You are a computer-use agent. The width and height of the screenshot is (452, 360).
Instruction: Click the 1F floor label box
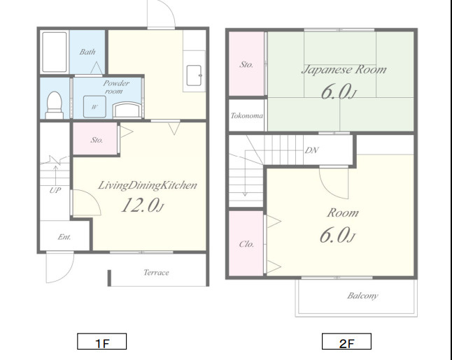click(x=101, y=342)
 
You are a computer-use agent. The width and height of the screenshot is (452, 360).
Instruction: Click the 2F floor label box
click(x=346, y=342)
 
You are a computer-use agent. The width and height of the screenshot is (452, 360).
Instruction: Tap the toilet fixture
click(x=54, y=105)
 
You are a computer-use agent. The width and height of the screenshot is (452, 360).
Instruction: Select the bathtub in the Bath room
click(x=55, y=52)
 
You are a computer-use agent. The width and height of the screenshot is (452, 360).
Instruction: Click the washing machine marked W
click(x=94, y=107)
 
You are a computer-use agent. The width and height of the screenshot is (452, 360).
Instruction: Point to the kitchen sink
click(x=194, y=75)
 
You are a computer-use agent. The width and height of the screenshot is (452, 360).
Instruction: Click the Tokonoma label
click(x=247, y=116)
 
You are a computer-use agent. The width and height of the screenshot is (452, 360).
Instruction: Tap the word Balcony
click(x=362, y=296)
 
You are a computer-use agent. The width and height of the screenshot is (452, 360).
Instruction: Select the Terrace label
click(x=156, y=273)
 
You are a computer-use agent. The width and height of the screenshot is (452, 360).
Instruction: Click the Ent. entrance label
click(x=64, y=237)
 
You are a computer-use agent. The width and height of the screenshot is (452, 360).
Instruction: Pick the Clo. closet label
click(x=247, y=244)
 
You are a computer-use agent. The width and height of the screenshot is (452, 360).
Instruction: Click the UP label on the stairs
click(x=55, y=190)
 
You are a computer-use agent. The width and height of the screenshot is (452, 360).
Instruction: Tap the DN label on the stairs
click(x=311, y=150)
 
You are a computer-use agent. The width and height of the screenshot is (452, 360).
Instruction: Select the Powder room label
click(x=116, y=87)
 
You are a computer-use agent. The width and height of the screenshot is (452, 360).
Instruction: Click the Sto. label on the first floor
click(x=97, y=140)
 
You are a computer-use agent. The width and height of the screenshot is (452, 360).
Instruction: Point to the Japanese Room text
click(x=344, y=70)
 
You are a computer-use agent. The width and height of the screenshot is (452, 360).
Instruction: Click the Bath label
click(x=87, y=52)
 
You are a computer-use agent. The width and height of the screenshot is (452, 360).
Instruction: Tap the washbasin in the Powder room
click(x=127, y=110)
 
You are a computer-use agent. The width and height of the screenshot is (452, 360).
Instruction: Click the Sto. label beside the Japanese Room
click(x=246, y=64)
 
